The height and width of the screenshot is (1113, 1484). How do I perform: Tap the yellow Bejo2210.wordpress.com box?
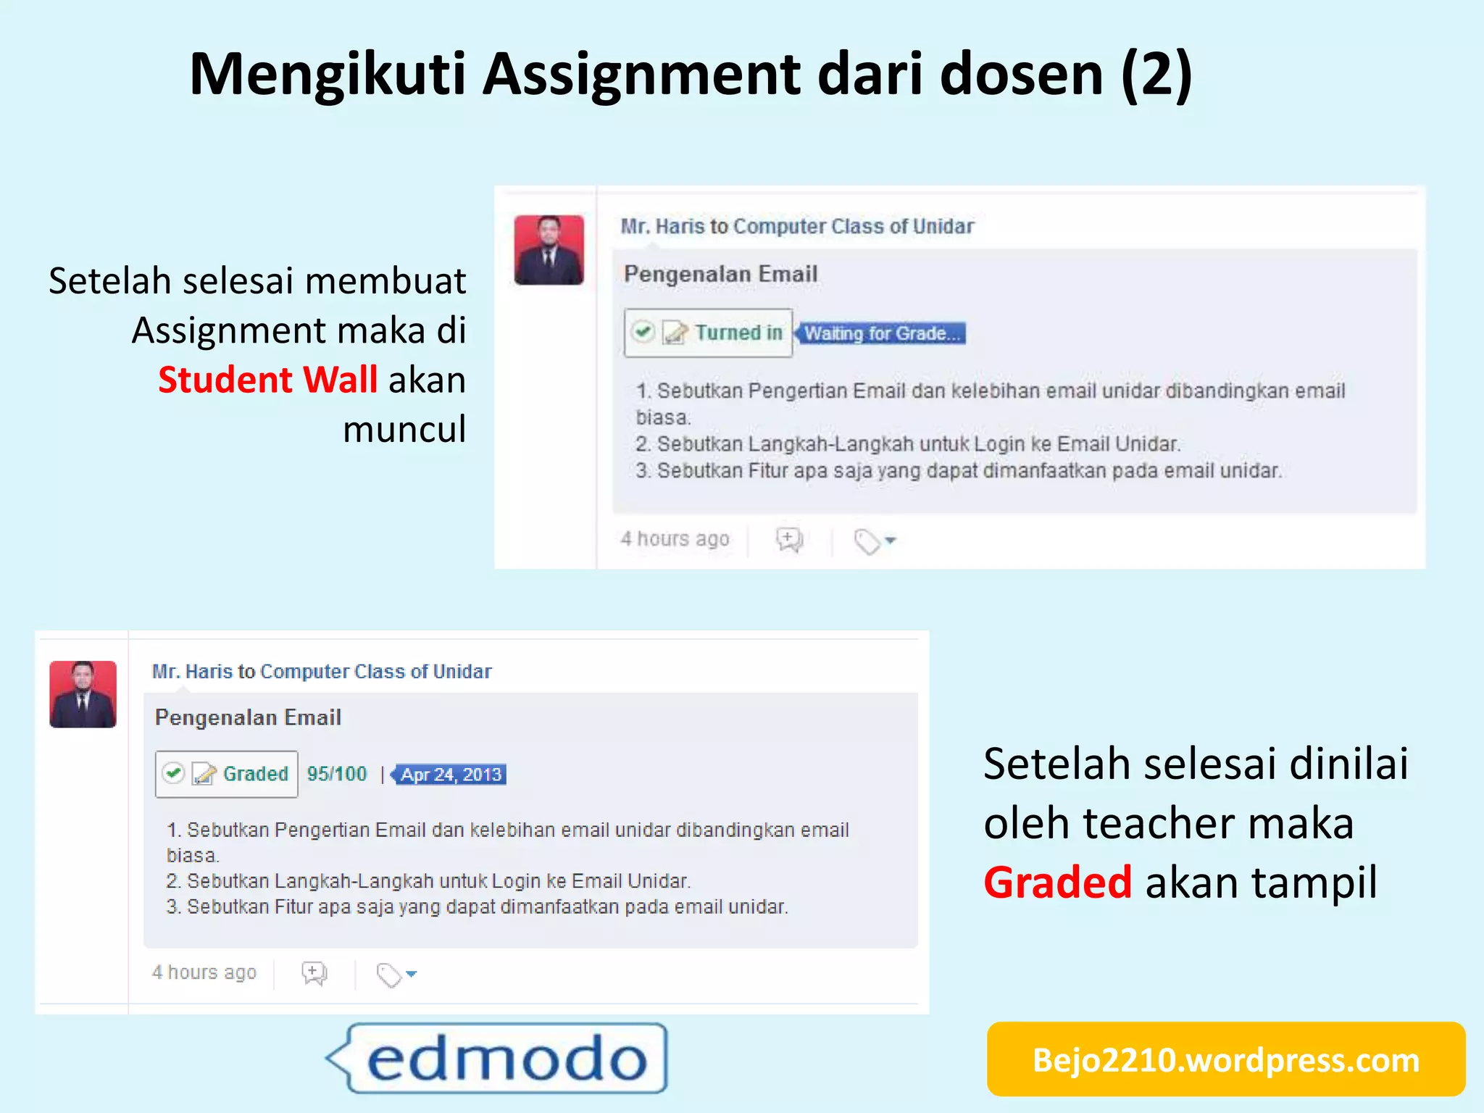[x=1225, y=1059]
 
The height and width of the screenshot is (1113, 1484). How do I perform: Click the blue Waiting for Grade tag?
[x=881, y=333]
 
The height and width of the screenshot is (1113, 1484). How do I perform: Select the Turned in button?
[x=708, y=333]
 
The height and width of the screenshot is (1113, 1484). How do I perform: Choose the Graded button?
[x=226, y=774]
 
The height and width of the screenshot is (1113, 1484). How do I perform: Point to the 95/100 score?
[x=337, y=774]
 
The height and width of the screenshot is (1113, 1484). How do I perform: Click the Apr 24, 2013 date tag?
[x=451, y=775]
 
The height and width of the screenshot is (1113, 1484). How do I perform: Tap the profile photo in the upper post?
[x=549, y=249]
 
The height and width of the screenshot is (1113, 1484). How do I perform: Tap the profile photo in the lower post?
[x=83, y=694]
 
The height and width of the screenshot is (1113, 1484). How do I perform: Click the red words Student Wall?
[x=267, y=380]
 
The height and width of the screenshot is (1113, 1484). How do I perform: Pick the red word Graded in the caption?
[x=1057, y=882]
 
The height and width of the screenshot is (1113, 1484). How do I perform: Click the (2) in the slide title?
[x=1156, y=74]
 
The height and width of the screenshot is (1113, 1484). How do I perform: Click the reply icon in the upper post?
[x=789, y=540]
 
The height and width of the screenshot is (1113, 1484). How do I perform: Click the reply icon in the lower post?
[x=314, y=973]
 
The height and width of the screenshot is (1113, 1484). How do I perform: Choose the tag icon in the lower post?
[x=390, y=975]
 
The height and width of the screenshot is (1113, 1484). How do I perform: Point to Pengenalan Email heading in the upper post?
[x=720, y=274]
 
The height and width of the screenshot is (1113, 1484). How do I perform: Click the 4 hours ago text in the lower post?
[x=204, y=972]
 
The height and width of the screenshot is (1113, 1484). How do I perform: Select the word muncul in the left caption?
[x=404, y=429]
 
